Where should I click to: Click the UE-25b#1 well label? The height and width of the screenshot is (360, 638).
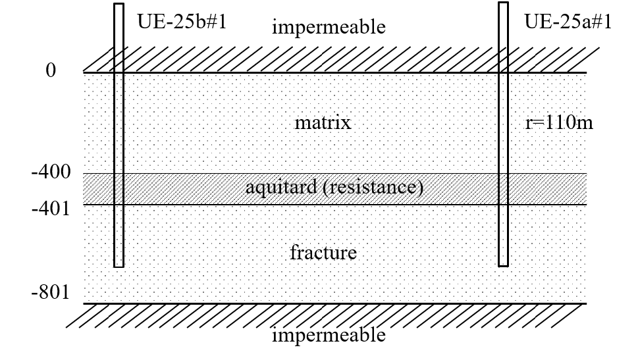[182, 21]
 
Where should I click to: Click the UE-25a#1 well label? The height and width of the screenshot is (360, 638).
[568, 21]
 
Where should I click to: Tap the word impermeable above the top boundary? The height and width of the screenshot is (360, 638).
[329, 27]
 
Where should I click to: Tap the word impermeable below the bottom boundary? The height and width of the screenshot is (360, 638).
[329, 336]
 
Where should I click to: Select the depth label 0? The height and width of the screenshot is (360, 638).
[51, 70]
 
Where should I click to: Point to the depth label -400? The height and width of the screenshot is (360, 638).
[51, 172]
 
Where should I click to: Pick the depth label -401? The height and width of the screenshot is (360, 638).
[51, 209]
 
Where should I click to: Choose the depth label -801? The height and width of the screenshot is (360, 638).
[51, 292]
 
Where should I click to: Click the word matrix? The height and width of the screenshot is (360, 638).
[323, 122]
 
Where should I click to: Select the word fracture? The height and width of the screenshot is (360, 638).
[323, 252]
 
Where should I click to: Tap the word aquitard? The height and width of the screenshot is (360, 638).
[281, 187]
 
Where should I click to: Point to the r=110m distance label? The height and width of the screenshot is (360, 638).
[559, 122]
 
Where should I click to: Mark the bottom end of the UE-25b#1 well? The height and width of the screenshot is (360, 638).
[119, 267]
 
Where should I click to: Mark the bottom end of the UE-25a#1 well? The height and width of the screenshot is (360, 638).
[503, 266]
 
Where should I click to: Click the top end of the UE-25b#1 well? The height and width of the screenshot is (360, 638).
[119, 4]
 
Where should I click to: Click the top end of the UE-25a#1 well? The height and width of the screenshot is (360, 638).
[503, 3]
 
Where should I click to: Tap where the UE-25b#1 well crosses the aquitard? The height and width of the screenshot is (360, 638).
[119, 189]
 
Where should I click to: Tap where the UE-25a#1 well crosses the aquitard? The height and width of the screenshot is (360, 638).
[503, 189]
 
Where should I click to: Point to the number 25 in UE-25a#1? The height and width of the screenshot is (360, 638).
[566, 21]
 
